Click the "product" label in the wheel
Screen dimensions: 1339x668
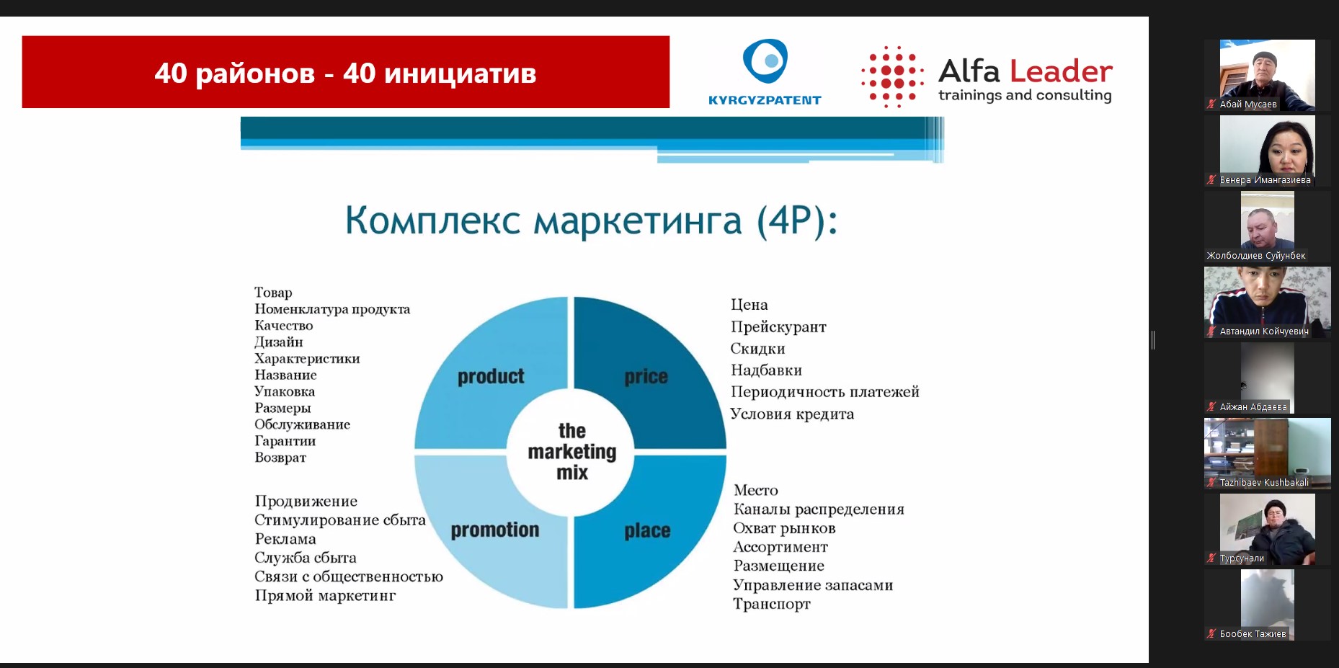pyautogui.click(x=491, y=377)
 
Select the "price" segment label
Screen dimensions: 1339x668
pyautogui.click(x=646, y=377)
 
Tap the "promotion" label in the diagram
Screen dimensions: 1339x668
pyautogui.click(x=495, y=530)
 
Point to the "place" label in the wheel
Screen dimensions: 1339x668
pyautogui.click(x=647, y=531)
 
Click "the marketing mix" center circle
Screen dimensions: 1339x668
pyautogui.click(x=571, y=452)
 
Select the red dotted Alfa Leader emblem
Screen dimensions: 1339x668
pyautogui.click(x=892, y=77)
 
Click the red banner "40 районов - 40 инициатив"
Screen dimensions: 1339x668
pyautogui.click(x=345, y=72)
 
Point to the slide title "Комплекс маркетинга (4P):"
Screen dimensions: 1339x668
pyautogui.click(x=591, y=220)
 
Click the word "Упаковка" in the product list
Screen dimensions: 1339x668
pyautogui.click(x=285, y=391)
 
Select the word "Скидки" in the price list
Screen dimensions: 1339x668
pyautogui.click(x=757, y=349)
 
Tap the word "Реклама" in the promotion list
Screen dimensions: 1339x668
pyautogui.click(x=285, y=539)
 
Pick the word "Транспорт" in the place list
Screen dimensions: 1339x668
pyautogui.click(x=772, y=604)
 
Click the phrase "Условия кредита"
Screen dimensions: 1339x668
pyautogui.click(x=792, y=414)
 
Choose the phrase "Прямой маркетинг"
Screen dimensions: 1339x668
pyautogui.click(x=325, y=595)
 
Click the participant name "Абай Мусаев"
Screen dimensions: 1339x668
pyautogui.click(x=1248, y=104)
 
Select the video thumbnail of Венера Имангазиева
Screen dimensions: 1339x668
pyautogui.click(x=1267, y=151)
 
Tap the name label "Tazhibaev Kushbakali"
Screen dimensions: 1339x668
pyautogui.click(x=1264, y=483)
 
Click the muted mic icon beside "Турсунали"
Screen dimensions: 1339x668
pyautogui.click(x=1211, y=558)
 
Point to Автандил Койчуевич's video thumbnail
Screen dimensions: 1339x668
pyautogui.click(x=1267, y=302)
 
